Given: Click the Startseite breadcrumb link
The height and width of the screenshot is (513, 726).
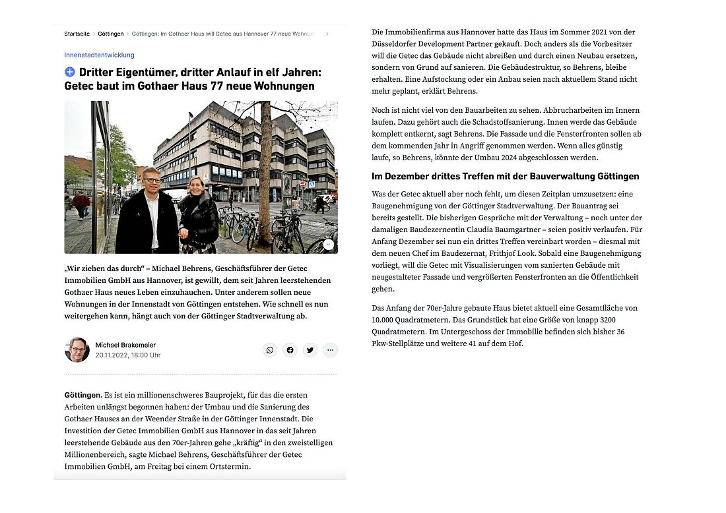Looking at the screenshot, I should point(77,34).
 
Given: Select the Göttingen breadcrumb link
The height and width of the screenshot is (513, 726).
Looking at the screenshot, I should point(111,34).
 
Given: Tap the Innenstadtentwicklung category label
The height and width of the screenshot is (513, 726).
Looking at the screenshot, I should point(99,55).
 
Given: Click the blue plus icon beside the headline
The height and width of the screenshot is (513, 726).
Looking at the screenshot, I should point(70,72).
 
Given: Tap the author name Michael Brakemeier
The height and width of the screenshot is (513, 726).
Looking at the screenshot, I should point(125,345).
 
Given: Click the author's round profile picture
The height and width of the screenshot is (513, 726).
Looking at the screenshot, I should point(77,349).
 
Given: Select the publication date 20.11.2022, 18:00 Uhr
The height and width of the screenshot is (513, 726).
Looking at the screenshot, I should point(128,355).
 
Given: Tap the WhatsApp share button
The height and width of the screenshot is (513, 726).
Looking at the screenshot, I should point(270,349).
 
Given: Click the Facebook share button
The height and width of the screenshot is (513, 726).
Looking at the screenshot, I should point(290,349).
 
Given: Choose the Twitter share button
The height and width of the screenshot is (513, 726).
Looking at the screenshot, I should point(310,349).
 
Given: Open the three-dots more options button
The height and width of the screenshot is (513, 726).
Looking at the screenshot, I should point(331,349).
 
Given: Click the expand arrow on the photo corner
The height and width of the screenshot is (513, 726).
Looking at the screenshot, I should point(328,245).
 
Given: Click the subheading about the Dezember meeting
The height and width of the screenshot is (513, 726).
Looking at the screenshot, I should point(506,176).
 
